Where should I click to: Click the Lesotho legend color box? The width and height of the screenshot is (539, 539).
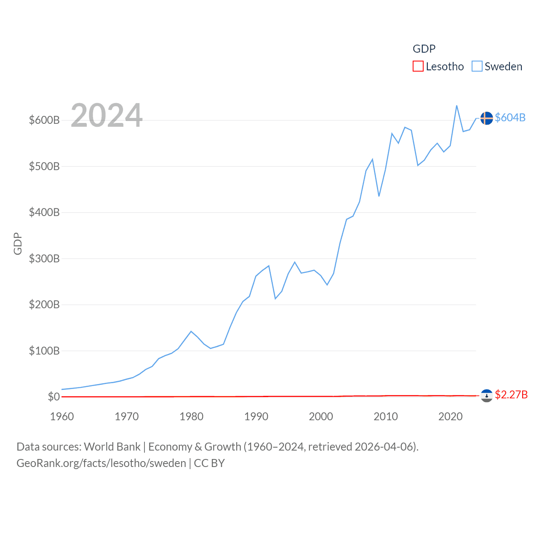point(418,67)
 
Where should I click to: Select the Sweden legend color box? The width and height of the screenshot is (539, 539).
point(477,67)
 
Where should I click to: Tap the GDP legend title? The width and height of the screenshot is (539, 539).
point(424,49)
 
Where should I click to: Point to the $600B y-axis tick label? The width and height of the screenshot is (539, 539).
point(44,120)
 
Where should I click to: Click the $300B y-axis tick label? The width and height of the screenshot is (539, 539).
point(44,259)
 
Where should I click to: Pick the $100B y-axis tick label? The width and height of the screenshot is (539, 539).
point(44,351)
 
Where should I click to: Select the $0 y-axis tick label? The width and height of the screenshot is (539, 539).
point(53,397)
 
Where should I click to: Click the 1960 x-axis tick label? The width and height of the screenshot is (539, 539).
point(62,416)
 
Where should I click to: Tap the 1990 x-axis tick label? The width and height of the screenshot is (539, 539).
point(256,416)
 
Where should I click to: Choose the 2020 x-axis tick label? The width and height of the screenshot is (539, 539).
point(450,416)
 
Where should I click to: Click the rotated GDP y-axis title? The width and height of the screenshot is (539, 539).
point(18,243)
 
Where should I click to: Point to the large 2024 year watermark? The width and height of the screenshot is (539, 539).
point(107,115)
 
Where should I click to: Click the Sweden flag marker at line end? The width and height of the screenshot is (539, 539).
point(486,118)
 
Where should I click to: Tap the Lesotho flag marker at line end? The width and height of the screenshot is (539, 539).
point(486,395)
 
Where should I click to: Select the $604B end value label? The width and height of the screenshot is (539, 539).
point(510,117)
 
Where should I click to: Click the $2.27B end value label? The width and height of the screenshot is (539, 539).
point(511,395)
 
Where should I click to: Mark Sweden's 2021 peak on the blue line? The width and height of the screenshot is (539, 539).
point(457,106)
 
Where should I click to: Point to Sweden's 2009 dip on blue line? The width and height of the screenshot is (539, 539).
point(379,196)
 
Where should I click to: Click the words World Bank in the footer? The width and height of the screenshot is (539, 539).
point(112,446)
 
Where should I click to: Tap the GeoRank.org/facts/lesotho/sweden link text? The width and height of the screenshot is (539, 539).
point(101,463)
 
